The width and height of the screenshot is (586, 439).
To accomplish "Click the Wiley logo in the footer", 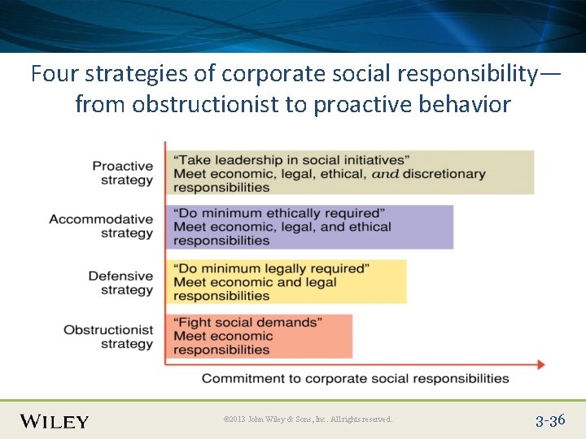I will (55, 420).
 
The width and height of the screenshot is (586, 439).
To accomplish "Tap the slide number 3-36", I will (550, 420).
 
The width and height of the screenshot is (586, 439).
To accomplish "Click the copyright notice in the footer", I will (308, 419).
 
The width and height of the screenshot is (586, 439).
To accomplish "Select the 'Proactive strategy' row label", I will (122, 173).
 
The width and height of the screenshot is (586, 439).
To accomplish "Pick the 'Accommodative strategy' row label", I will (101, 226).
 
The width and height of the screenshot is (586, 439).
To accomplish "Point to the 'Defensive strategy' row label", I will (120, 283).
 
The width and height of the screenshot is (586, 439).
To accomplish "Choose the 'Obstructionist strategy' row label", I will (108, 337).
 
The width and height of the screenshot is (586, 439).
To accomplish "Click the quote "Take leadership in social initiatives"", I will (291, 160).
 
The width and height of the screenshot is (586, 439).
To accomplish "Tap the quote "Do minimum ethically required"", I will (279, 213).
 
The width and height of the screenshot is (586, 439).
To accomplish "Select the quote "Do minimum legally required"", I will (272, 268).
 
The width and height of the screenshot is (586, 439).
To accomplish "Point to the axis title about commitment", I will (355, 378).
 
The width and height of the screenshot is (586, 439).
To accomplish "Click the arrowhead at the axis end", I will (540, 364).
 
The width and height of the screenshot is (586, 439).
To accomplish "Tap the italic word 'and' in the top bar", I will (386, 173).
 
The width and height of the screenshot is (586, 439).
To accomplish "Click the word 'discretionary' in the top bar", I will (444, 173).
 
